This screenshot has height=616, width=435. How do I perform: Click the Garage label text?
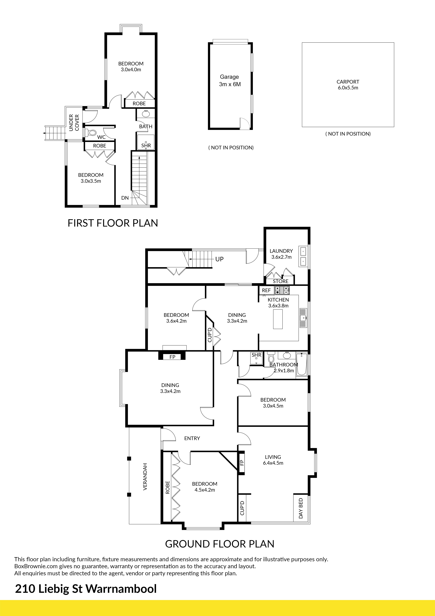pos(229,77)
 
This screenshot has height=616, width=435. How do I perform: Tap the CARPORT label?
pos(348,82)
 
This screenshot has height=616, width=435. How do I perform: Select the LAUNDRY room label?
pos(281,251)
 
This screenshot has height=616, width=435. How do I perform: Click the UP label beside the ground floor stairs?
pos(219,259)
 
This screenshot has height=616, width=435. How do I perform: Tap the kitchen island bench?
pos(278,319)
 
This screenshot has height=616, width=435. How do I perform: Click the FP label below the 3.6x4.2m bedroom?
pos(172,357)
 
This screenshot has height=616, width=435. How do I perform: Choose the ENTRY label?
pos(192,438)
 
